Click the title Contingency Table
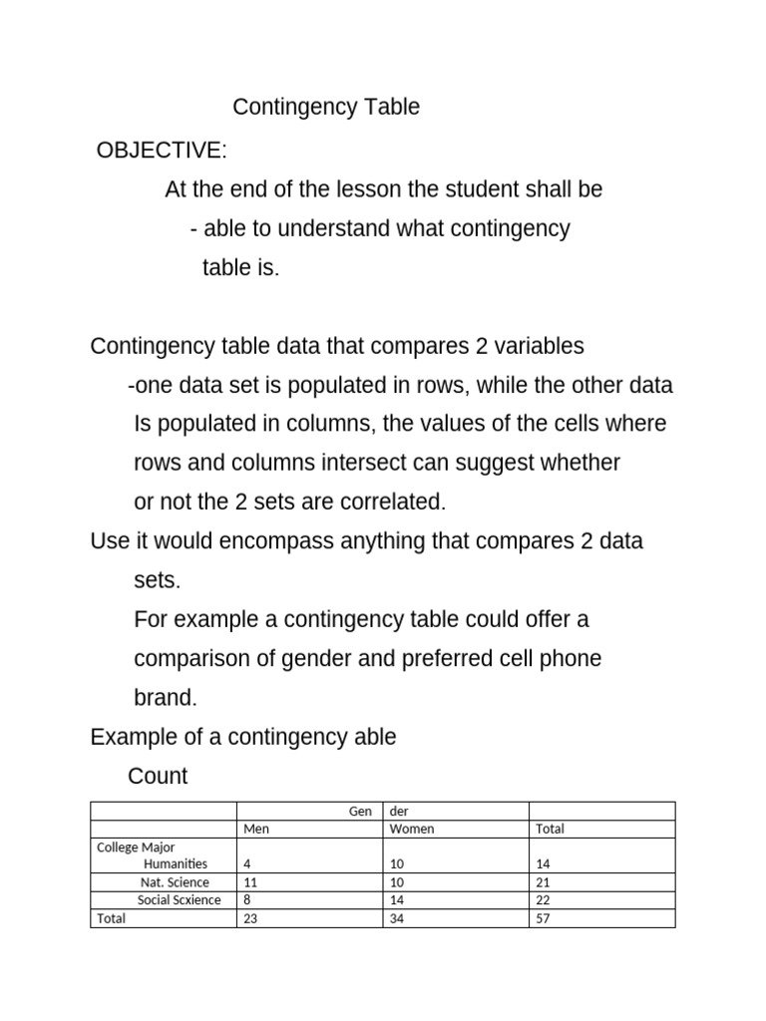tap(326, 108)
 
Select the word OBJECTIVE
tap(160, 151)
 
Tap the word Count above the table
tap(159, 776)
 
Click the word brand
tap(166, 698)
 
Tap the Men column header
tap(256, 829)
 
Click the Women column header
tap(412, 829)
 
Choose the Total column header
tap(550, 829)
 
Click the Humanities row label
tap(176, 863)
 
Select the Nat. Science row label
tap(175, 882)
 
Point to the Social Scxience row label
tap(180, 900)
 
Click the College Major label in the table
tap(136, 848)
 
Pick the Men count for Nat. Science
tap(250, 882)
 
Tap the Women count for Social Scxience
tap(396, 900)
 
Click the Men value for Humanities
tap(247, 863)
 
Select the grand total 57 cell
tap(543, 918)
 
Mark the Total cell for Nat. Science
tap(543, 882)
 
